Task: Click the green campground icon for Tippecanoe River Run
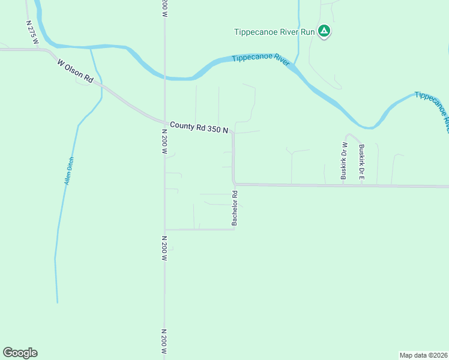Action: click(324, 31)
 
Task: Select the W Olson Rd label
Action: click(76, 71)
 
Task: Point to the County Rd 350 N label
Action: click(199, 127)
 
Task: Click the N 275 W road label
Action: click(32, 32)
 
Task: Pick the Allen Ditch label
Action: click(70, 170)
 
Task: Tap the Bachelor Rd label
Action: click(235, 208)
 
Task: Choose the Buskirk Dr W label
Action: click(345, 161)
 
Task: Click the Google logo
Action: click(20, 353)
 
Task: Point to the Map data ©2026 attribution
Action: click(423, 355)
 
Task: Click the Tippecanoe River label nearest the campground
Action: click(261, 58)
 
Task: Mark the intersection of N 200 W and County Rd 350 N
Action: click(164, 121)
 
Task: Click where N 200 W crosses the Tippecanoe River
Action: click(164, 77)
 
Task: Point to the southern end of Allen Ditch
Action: click(58, 302)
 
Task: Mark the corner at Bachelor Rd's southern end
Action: click(234, 229)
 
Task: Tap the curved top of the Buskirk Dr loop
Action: click(352, 135)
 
